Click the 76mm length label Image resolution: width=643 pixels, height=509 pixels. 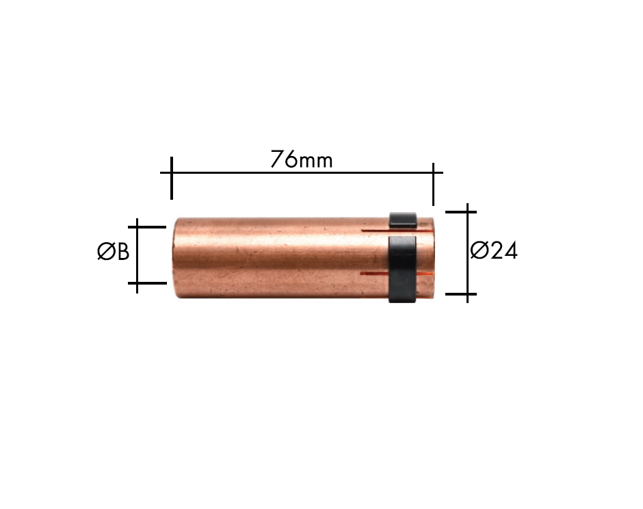tap(302, 159)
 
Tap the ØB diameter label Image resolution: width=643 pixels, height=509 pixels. tap(113, 251)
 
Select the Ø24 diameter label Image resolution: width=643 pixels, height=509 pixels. tap(494, 250)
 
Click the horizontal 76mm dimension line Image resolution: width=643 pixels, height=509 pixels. tap(302, 172)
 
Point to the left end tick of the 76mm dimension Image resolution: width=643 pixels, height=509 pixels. tap(172, 178)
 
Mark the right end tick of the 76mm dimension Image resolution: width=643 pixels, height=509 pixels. tap(433, 184)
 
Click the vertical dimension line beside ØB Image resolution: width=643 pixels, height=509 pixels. tap(137, 256)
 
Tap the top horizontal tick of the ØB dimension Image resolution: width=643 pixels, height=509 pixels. tap(147, 227)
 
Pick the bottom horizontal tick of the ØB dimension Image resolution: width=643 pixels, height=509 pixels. tap(147, 283)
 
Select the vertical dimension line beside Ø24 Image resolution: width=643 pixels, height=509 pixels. tap(467, 253)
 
